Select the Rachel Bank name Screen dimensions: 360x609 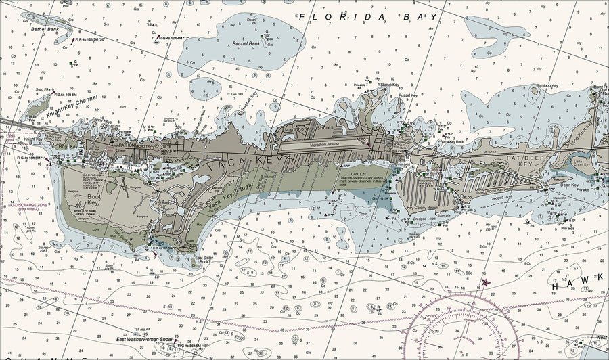[246, 45]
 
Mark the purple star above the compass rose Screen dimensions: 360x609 [484, 282]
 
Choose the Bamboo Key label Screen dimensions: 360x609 [546, 87]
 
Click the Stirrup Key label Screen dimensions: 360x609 [390, 85]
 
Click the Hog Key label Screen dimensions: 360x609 [64, 147]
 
